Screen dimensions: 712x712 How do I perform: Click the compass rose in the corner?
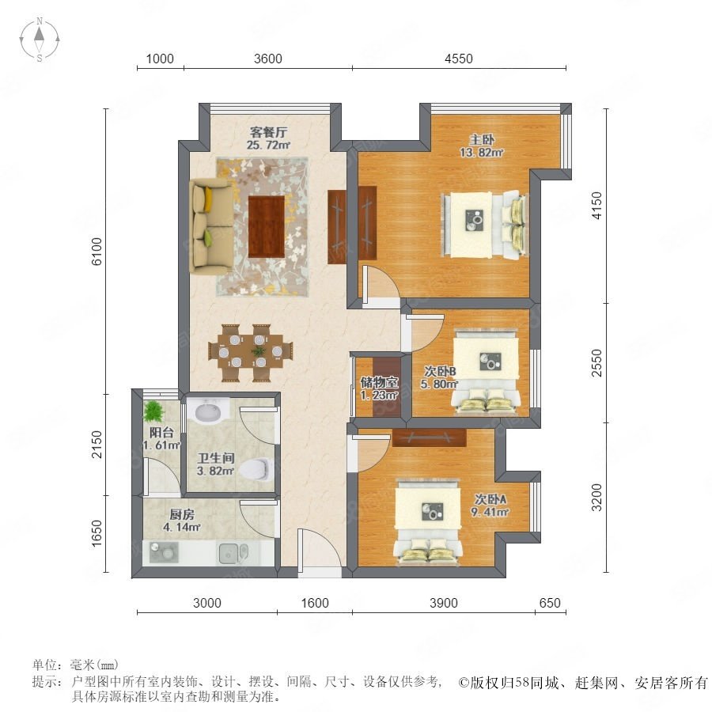pyautogui.click(x=40, y=40)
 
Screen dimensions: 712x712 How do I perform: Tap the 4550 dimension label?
pyautogui.click(x=459, y=59)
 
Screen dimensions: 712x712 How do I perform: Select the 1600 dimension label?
pyautogui.click(x=315, y=603)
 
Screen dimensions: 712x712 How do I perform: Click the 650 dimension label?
pyautogui.click(x=550, y=603)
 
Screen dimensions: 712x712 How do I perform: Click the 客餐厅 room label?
pyautogui.click(x=268, y=133)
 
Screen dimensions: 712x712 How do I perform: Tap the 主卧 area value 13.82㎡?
pyautogui.click(x=481, y=153)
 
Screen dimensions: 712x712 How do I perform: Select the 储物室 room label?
pyautogui.click(x=379, y=382)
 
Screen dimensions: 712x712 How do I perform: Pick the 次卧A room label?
pyautogui.click(x=490, y=499)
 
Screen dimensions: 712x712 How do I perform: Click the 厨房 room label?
pyautogui.click(x=182, y=514)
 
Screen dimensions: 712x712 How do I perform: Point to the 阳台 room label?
pyautogui.click(x=161, y=432)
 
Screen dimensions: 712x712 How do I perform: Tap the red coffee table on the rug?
pyautogui.click(x=267, y=226)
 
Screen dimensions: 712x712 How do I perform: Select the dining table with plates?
pyautogui.click(x=250, y=353)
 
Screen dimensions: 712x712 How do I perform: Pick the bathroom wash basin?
pyautogui.click(x=207, y=412)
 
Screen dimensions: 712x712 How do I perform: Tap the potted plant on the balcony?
pyautogui.click(x=153, y=411)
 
